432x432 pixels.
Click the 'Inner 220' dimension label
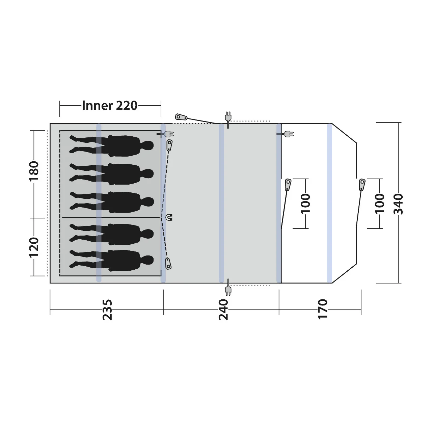click(110, 106)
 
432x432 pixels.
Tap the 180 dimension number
click(34, 171)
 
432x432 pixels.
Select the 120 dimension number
click(34, 247)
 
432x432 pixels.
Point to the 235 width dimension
click(107, 309)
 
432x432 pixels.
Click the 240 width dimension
click(223, 309)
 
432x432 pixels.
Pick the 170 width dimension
click(323, 309)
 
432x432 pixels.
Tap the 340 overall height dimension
click(398, 204)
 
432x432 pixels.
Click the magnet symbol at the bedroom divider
click(169, 217)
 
